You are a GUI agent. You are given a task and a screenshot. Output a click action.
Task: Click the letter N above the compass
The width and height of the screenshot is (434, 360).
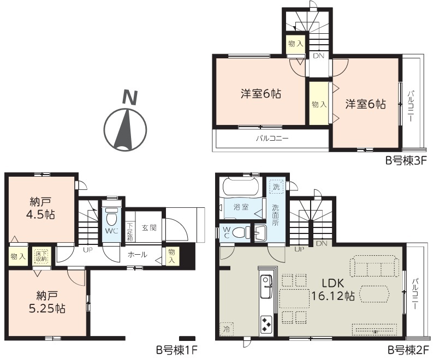(x=130, y=98)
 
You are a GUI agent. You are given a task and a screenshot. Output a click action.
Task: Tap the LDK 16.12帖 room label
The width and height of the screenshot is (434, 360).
(x=332, y=290)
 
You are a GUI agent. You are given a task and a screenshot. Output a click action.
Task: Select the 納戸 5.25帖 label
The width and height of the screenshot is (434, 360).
(x=47, y=302)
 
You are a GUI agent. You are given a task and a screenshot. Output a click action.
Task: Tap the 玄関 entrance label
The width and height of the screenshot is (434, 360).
(x=149, y=227)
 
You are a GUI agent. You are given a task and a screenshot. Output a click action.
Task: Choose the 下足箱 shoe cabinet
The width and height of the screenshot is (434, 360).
(x=130, y=227)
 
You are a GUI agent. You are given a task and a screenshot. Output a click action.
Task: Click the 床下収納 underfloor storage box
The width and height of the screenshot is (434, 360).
(x=41, y=256)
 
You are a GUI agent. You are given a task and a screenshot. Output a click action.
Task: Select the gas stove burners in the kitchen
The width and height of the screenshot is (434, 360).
(x=266, y=325)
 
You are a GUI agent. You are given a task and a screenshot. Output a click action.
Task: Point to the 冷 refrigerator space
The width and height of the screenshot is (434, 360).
(x=227, y=329)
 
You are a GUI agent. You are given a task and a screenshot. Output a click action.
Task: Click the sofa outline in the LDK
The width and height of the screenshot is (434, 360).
(x=374, y=266)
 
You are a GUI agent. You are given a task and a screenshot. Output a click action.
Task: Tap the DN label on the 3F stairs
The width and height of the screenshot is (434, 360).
(x=318, y=56)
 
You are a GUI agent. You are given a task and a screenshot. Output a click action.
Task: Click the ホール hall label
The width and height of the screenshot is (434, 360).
(x=137, y=254)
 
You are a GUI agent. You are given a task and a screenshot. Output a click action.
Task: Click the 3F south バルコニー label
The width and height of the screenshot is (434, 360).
(x=272, y=137)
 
